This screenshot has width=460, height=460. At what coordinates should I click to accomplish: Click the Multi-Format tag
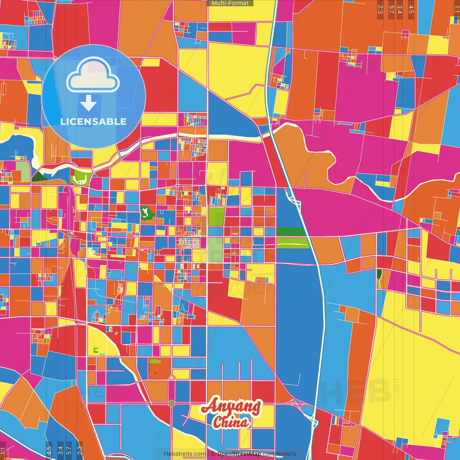click(x=230, y=3)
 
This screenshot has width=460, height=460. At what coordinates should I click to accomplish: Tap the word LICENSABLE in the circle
click(x=93, y=121)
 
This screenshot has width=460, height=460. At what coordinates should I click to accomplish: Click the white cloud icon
click(x=93, y=75)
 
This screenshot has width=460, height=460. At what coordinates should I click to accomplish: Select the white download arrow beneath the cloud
click(x=88, y=103)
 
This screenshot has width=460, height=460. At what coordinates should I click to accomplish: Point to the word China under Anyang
click(x=231, y=422)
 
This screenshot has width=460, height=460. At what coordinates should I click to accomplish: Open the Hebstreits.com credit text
click(x=185, y=454)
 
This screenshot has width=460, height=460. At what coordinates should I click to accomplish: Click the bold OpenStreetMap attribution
click(x=239, y=454)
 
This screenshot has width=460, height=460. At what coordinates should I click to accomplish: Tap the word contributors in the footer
click(x=279, y=454)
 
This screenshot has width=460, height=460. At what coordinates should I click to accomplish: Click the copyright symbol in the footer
click(x=213, y=454)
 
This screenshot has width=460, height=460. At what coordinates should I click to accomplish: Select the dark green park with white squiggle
click(x=147, y=213)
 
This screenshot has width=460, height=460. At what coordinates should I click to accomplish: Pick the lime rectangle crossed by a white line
click(x=293, y=243)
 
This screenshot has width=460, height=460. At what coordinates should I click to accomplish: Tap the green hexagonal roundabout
click(x=171, y=403)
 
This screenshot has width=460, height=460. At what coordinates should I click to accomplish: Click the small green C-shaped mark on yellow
click(x=96, y=350)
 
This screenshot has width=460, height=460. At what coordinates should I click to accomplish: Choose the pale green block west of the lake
click(x=23, y=171)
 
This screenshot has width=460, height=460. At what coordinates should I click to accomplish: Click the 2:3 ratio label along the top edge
click(x=380, y=9)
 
